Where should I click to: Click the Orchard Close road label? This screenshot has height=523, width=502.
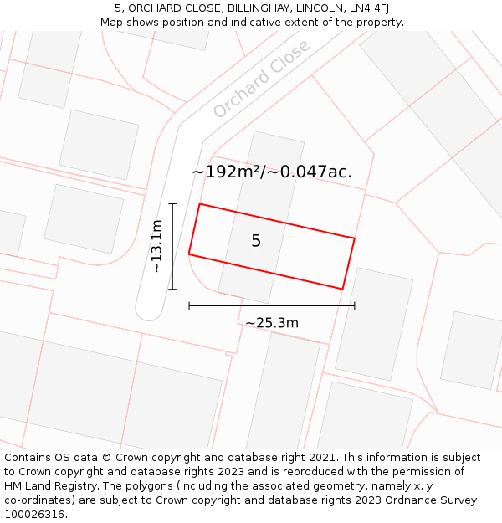(x=261, y=79)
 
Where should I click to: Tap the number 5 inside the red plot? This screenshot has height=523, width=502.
(x=256, y=241)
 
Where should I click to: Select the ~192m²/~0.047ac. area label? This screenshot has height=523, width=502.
(x=272, y=172)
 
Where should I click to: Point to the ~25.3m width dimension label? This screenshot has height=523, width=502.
(x=272, y=323)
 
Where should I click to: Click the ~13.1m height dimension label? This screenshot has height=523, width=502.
(x=156, y=246)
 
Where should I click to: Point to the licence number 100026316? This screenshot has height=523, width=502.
(x=36, y=515)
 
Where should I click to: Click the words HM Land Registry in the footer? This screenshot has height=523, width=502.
(x=47, y=486)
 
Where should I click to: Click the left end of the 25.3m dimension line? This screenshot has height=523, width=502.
(x=189, y=306)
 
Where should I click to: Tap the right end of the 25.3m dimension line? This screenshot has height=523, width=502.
(x=355, y=306)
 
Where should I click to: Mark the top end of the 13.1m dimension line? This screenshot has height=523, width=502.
(x=172, y=203)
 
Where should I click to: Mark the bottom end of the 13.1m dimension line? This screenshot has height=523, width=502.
(x=172, y=289)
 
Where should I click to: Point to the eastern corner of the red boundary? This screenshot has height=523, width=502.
(x=355, y=238)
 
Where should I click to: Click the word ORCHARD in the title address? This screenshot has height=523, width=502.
(x=154, y=8)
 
